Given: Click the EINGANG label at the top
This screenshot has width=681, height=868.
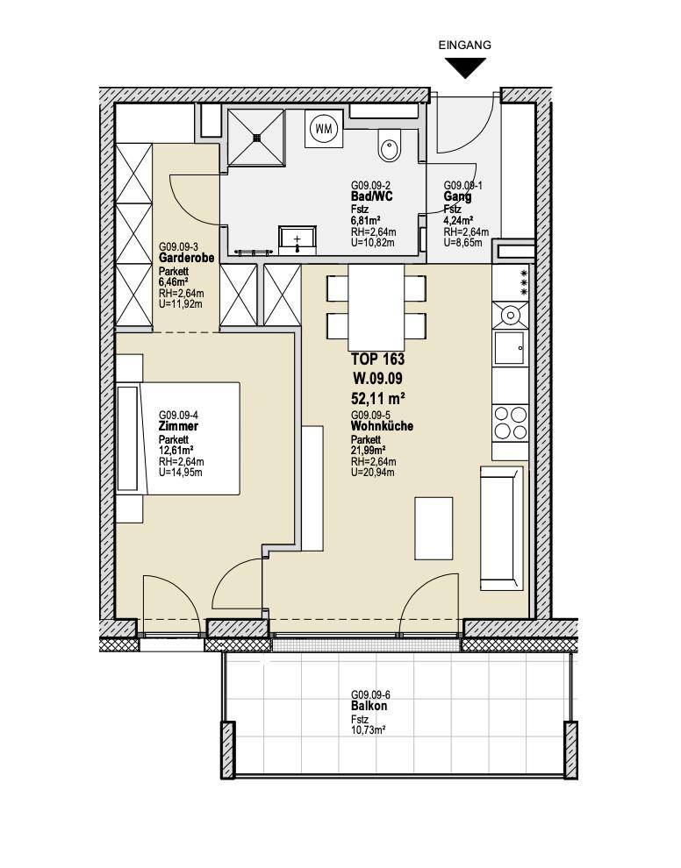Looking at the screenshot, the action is [464, 46].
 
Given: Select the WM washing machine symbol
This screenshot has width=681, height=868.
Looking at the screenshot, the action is [323, 128].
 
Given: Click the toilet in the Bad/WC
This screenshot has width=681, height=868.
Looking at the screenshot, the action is [389, 146].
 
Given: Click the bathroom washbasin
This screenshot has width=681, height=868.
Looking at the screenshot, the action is [297, 240].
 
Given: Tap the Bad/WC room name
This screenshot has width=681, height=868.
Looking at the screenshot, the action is [372, 197].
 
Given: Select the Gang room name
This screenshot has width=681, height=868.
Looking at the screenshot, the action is [458, 197].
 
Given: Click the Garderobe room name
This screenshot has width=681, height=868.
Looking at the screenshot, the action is [186, 258].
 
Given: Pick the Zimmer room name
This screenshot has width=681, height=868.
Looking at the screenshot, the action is [178, 427].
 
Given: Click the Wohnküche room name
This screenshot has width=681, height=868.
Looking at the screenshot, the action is [382, 427].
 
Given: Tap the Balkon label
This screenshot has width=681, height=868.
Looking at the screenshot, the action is [369, 707].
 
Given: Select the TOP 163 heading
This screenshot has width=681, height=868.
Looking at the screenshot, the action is [378, 359].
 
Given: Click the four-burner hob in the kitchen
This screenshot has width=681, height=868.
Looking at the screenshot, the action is [511, 423].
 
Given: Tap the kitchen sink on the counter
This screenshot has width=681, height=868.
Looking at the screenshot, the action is [510, 348].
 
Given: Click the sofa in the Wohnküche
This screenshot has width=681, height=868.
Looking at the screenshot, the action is [502, 528].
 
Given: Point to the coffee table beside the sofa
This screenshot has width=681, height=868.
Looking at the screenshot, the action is [434, 528].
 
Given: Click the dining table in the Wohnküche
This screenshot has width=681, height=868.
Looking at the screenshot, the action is [376, 307].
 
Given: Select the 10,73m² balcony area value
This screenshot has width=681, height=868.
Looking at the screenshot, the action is [369, 730].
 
